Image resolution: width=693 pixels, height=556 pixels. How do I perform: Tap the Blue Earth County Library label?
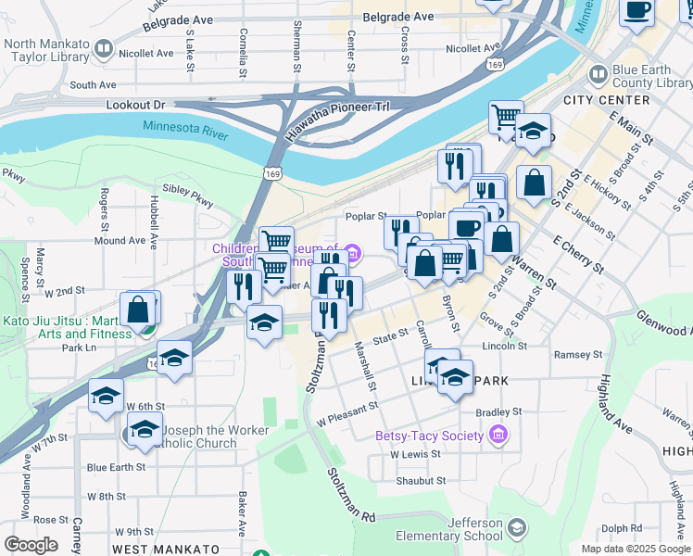(647, 76)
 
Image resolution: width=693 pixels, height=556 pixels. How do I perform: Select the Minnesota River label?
(185, 131)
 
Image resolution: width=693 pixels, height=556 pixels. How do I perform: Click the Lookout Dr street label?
(134, 106)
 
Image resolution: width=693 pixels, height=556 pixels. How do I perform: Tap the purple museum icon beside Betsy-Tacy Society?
(498, 435)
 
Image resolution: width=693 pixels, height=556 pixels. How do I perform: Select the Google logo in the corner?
(30, 545)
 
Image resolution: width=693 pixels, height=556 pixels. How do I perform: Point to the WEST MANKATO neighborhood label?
(166, 550)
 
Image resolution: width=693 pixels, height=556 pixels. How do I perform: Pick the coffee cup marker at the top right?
(636, 11)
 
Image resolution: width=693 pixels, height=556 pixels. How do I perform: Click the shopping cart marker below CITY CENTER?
(507, 118)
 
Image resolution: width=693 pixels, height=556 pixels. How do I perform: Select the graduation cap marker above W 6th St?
(107, 396)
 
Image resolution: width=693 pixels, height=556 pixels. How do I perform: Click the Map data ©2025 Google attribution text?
(635, 549)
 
